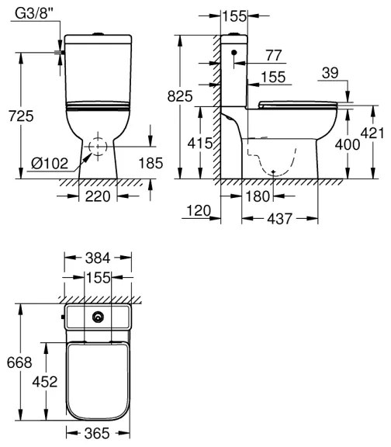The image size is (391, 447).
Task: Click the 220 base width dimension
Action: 97,197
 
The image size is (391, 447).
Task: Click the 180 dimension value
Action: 258,197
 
